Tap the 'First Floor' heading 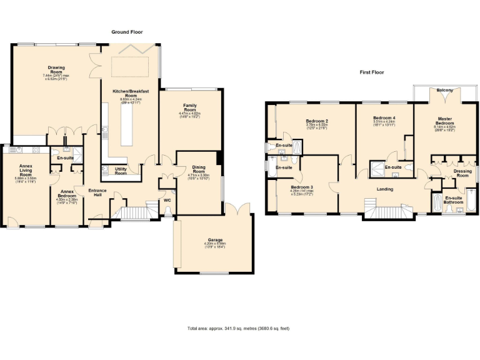click(371, 72)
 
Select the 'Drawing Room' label click(57, 70)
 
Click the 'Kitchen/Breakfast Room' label click(127, 95)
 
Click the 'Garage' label click(216, 241)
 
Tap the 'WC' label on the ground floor click(167, 201)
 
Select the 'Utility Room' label click(121, 171)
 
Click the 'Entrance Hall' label click(97, 192)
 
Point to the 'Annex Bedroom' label click(66, 193)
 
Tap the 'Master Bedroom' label click(445, 121)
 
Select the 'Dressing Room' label click(462, 173)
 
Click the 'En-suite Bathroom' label click(454, 199)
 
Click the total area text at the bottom click(239, 328)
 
